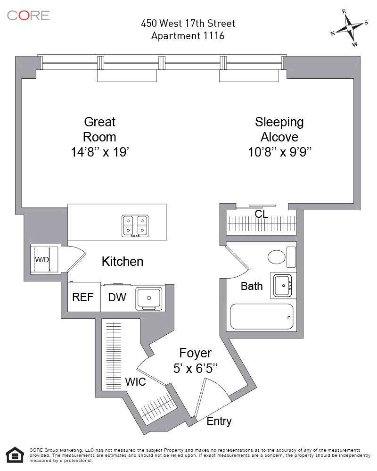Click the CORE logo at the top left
coord(28,15)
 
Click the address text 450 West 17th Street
coord(188,23)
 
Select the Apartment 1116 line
coord(188,36)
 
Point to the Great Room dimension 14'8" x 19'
coord(99,152)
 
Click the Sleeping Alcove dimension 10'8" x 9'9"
coord(279,152)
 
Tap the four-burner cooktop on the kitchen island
coord(135,226)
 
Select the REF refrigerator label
coord(82,297)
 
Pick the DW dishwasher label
coord(117,297)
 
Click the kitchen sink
coord(149,298)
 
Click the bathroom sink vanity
coord(283,285)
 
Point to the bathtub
coord(262,316)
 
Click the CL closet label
coord(261,214)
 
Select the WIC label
coord(135,382)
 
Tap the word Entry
coord(219,421)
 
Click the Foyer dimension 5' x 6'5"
coord(195,369)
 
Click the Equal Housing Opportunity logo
coord(16,455)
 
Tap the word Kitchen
coord(123,261)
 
